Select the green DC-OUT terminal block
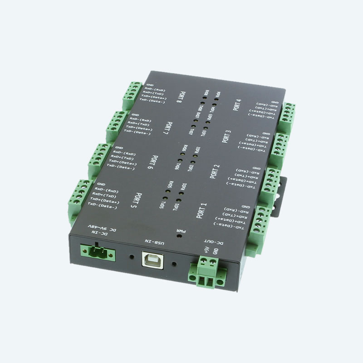coord(208,272)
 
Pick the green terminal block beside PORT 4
coord(287,117)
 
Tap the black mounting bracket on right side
coord(283,181)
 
